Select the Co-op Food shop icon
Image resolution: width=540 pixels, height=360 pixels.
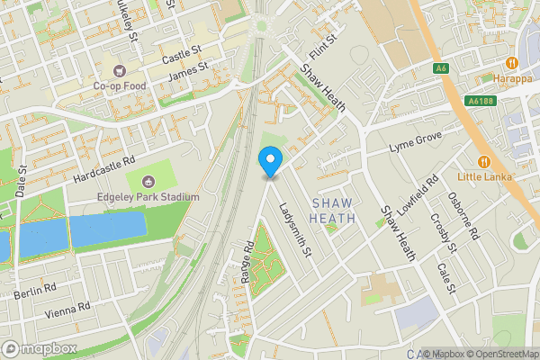(117, 70)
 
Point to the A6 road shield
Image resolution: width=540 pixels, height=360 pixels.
(440, 68)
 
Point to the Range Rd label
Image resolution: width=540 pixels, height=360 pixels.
(247, 263)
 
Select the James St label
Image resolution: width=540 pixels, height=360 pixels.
(188, 71)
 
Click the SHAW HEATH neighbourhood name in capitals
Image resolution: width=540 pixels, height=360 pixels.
(333, 211)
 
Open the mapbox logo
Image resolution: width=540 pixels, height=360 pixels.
(40, 348)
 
